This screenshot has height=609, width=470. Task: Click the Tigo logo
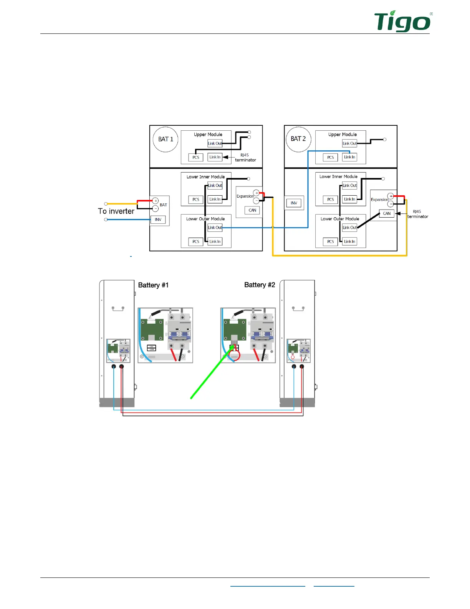[402, 22]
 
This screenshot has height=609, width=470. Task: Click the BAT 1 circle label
[165, 139]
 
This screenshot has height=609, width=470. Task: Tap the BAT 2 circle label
[298, 139]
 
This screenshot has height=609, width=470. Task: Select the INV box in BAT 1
[158, 220]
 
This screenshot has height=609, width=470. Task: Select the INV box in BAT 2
[294, 203]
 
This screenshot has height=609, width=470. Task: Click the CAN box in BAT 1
[252, 210]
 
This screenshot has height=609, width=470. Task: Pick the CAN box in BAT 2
[387, 213]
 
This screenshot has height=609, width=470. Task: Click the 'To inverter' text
[116, 211]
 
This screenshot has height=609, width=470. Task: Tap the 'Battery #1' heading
[153, 285]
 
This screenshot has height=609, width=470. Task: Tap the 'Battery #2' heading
[260, 285]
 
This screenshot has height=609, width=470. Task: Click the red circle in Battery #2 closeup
[234, 355]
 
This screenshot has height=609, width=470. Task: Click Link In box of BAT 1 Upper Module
[215, 157]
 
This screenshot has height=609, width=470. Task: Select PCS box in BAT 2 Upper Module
[330, 157]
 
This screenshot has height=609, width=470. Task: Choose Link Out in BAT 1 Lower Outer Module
[215, 228]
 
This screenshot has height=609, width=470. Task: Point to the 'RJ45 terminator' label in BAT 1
[245, 158]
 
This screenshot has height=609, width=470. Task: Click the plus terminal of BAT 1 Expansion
[256, 193]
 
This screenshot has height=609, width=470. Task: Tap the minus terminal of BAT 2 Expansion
[391, 204]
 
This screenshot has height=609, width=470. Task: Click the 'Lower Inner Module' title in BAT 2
[338, 176]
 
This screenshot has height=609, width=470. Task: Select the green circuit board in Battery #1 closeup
[152, 329]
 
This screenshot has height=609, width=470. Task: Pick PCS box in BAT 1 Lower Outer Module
[196, 241]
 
